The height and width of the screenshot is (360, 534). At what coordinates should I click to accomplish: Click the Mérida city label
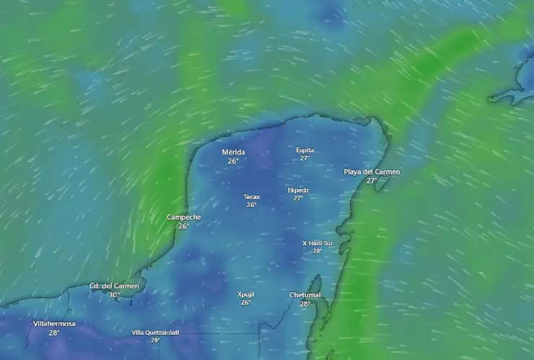tap(233, 152)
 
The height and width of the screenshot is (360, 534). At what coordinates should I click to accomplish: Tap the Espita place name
tap(305, 150)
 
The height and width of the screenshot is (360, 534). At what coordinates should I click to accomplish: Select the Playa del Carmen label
tap(372, 172)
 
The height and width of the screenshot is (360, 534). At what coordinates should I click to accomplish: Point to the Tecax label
tap(251, 196)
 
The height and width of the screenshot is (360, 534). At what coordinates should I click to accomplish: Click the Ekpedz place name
tap(298, 190)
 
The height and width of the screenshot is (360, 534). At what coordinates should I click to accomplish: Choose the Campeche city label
tap(184, 217)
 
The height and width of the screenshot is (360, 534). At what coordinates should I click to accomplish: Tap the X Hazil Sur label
tap(318, 243)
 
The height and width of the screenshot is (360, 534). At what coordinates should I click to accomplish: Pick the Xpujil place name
tap(246, 294)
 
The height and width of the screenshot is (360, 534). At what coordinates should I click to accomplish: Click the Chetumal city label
tap(305, 295)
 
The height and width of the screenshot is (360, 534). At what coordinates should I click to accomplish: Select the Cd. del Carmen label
tap(114, 286)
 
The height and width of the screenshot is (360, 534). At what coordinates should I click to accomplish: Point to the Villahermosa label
tap(54, 324)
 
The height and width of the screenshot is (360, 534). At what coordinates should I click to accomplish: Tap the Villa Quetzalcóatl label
tap(155, 333)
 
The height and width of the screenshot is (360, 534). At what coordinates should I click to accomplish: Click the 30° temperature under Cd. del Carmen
tap(114, 295)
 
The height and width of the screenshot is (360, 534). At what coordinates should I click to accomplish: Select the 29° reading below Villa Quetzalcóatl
tap(155, 340)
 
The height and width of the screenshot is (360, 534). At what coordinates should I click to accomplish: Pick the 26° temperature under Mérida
tap(233, 161)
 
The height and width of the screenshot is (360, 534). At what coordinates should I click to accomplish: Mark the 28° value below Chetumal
tap(305, 304)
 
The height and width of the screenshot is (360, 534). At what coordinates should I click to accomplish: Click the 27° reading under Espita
tap(305, 158)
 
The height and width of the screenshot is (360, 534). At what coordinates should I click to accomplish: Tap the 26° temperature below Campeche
tap(184, 226)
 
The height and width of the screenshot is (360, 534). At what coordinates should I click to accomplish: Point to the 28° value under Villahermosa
tap(54, 333)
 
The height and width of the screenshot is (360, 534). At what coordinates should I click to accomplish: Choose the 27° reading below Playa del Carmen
tap(372, 180)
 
